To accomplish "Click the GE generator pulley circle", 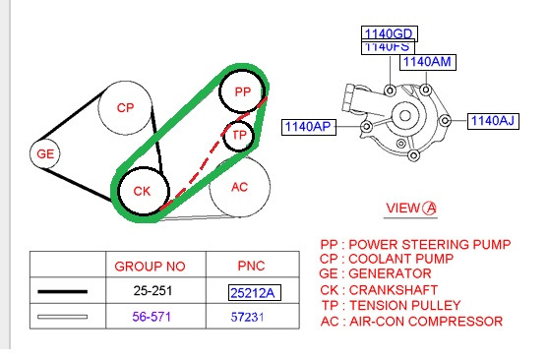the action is click(45, 153).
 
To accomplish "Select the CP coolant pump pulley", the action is click(125, 108).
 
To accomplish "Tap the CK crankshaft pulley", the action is click(144, 191).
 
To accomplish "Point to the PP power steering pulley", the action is click(242, 91).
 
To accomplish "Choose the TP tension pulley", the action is click(239, 136).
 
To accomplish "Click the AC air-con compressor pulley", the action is click(240, 187).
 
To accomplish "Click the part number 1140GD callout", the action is click(390, 33).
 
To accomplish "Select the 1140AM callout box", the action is click(428, 62).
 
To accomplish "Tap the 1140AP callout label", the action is click(309, 127).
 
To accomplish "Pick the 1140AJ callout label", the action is click(493, 121).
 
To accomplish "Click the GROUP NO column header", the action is click(150, 267).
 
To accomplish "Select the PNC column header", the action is click(251, 266).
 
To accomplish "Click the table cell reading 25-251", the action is click(152, 291).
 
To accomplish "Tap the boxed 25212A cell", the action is click(255, 293).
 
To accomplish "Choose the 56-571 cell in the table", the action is click(152, 317).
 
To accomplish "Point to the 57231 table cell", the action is click(247, 318).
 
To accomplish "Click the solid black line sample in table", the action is click(62, 291).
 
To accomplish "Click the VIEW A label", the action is click(411, 209).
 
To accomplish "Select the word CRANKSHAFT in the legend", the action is click(394, 290).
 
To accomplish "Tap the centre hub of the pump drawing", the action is click(405, 115).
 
